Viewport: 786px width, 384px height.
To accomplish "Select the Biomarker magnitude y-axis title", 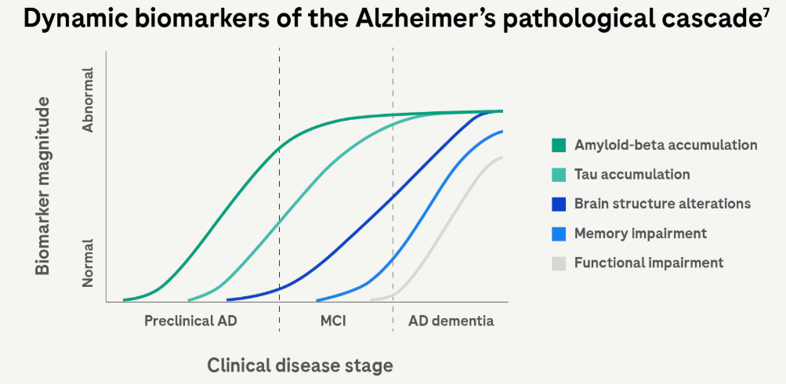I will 43,186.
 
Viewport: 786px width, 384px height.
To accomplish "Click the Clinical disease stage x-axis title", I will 300,365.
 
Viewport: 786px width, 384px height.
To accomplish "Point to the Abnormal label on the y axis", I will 89,100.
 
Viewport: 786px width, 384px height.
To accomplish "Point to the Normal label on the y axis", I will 89,263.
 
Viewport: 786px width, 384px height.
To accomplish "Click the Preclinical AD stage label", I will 190,321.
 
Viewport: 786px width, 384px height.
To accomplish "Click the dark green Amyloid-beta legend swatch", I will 559,145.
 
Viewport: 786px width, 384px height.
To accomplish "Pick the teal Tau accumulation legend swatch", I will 559,175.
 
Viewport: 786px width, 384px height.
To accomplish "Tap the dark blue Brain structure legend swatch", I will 559,204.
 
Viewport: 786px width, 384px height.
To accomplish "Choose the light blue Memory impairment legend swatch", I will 559,234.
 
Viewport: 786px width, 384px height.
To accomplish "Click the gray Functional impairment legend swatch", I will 559,263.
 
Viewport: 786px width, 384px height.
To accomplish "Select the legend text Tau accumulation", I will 632,175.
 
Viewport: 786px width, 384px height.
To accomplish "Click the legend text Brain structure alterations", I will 662,204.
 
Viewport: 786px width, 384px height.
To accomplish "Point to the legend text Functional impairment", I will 649,263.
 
